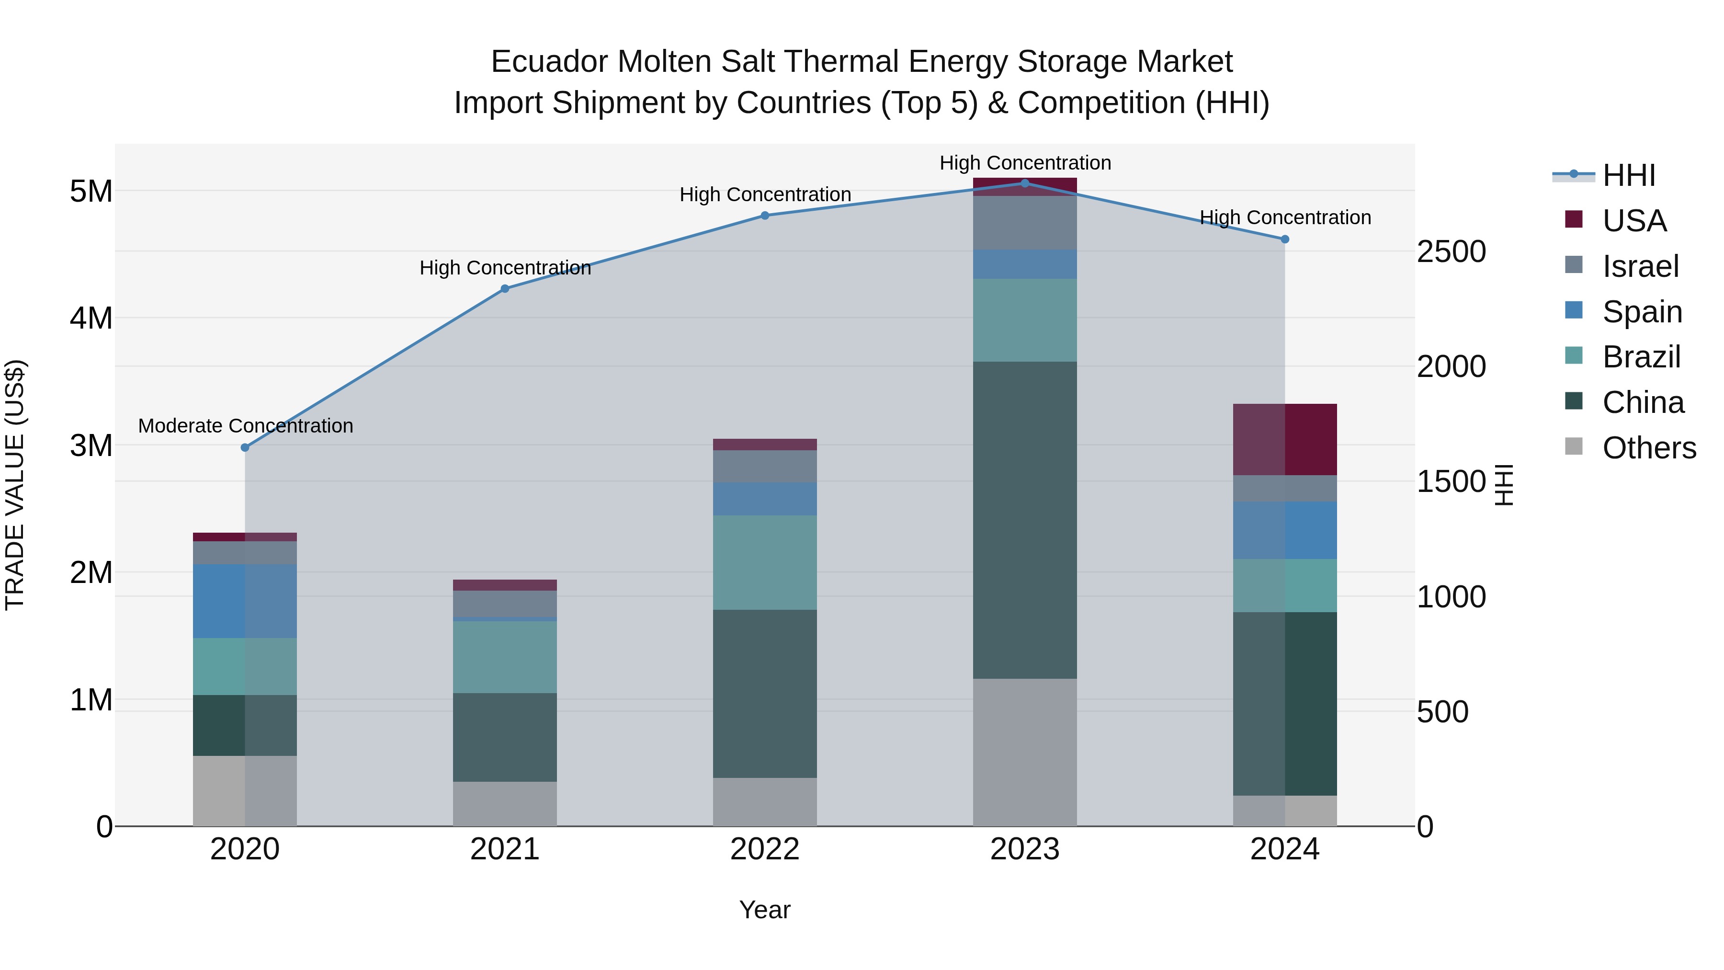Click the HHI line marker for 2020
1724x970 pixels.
(x=245, y=447)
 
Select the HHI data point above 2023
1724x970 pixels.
(x=1025, y=183)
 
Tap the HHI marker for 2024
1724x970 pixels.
(x=1284, y=239)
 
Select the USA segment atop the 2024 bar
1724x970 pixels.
(x=1284, y=439)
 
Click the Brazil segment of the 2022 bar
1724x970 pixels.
(x=764, y=562)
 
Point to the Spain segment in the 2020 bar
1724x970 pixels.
(x=245, y=601)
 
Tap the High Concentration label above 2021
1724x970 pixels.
(x=505, y=268)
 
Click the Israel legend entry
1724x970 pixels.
(x=1640, y=266)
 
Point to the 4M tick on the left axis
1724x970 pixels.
(x=91, y=318)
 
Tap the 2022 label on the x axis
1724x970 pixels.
(x=764, y=849)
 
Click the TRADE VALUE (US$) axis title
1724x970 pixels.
(x=15, y=485)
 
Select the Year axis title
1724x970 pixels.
(x=764, y=910)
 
